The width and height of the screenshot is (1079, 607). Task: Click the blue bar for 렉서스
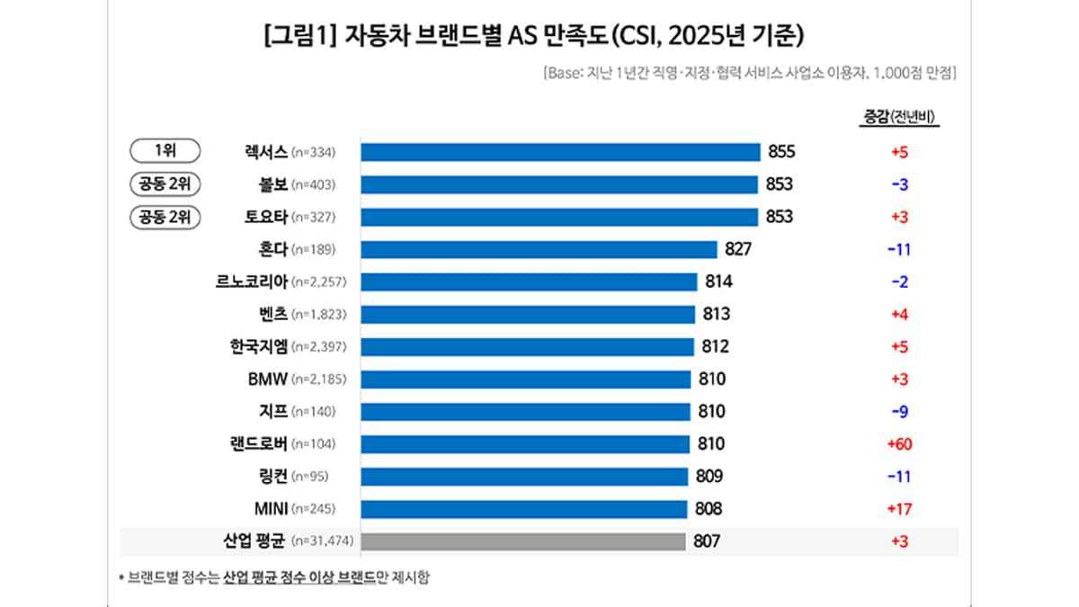click(560, 152)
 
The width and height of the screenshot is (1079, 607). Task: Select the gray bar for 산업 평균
click(523, 541)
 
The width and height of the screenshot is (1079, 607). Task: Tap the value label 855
click(781, 152)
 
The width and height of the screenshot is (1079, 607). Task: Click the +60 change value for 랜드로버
click(899, 444)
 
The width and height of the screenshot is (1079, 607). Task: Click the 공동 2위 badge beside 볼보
click(165, 184)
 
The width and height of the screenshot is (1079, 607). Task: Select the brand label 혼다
click(272, 249)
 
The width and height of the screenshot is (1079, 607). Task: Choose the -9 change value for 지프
click(899, 412)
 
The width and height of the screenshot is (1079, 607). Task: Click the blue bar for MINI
click(524, 509)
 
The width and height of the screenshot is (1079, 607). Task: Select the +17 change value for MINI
click(899, 509)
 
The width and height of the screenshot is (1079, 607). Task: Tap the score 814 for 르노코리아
click(718, 281)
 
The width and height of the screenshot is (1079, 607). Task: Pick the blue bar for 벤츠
click(528, 314)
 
